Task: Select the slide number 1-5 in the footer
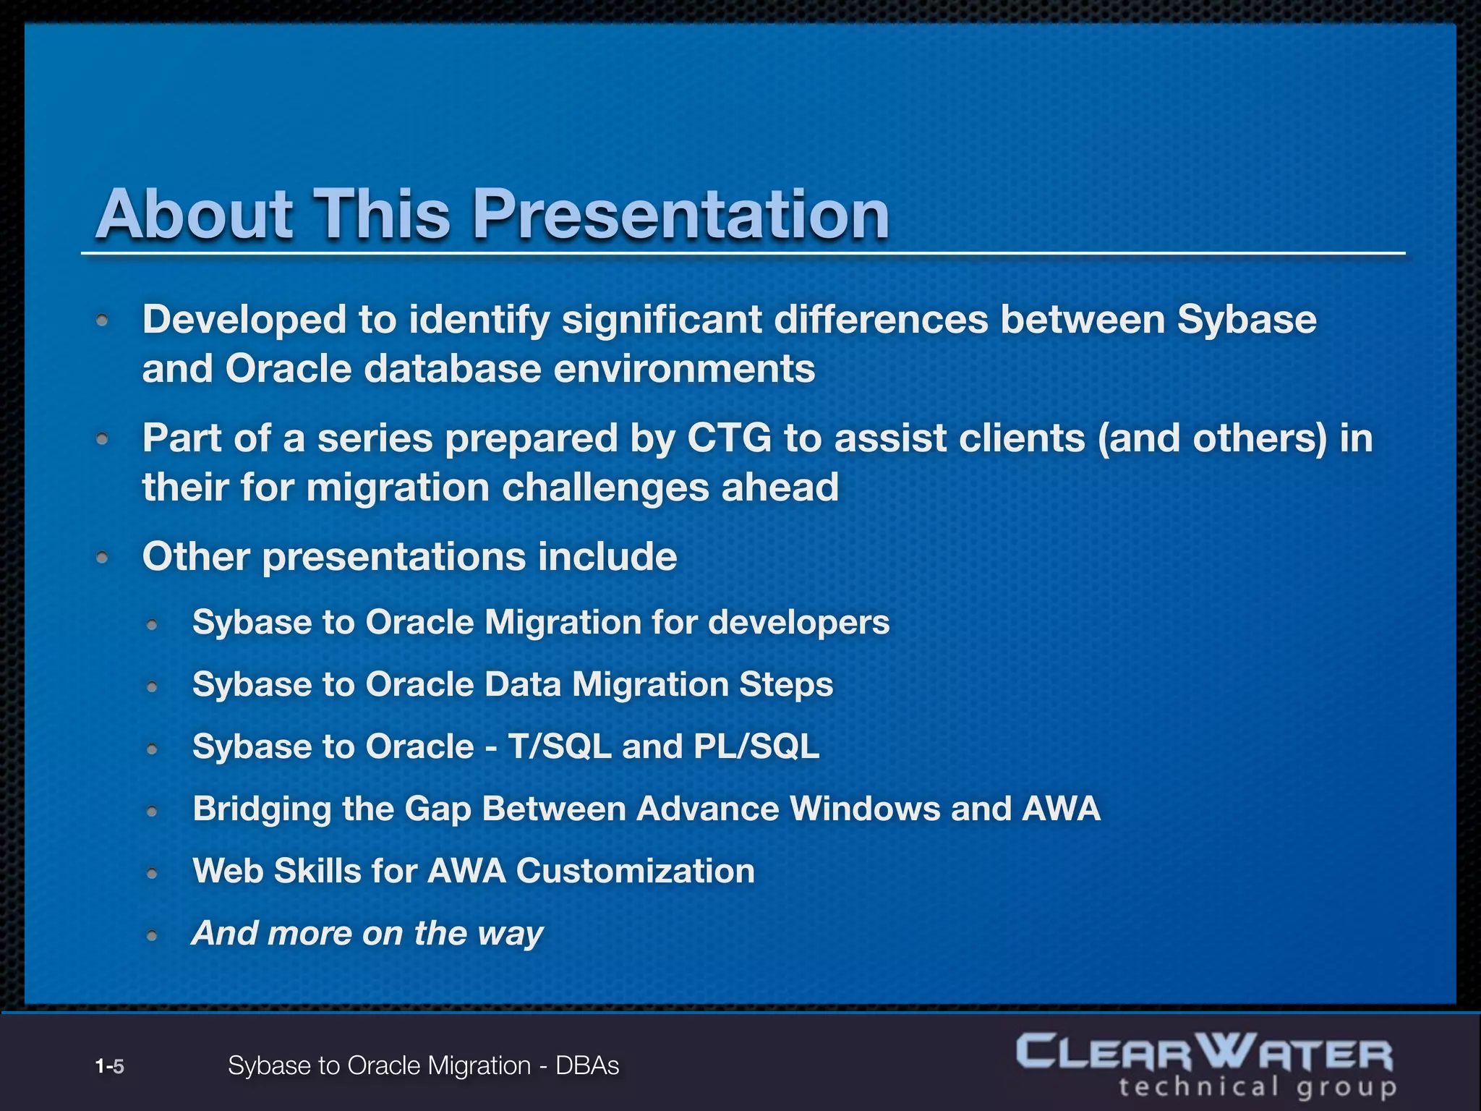coord(110,1066)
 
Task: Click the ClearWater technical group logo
coord(1206,1065)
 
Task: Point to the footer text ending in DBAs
coord(423,1065)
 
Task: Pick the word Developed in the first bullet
coord(244,320)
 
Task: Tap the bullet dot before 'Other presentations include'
coord(103,558)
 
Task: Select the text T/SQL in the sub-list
coord(559,746)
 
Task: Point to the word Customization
coord(635,871)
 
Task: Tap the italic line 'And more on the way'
coord(367,933)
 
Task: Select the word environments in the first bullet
coord(684,369)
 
